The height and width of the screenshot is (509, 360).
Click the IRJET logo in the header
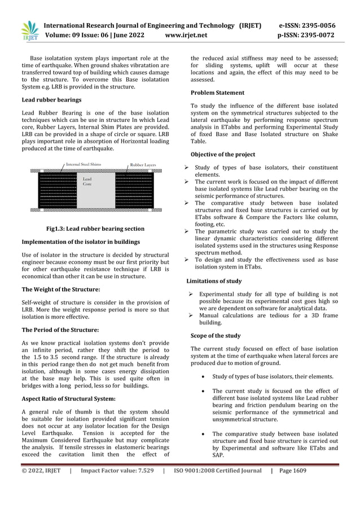click(29, 30)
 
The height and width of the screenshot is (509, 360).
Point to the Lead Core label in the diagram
click(87, 181)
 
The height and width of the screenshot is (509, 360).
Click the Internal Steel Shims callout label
click(84, 164)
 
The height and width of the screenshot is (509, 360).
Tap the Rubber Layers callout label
click(143, 164)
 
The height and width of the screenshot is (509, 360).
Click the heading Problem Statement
click(217, 93)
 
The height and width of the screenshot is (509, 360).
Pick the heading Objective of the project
click(223, 155)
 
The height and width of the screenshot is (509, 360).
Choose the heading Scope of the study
click(216, 336)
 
